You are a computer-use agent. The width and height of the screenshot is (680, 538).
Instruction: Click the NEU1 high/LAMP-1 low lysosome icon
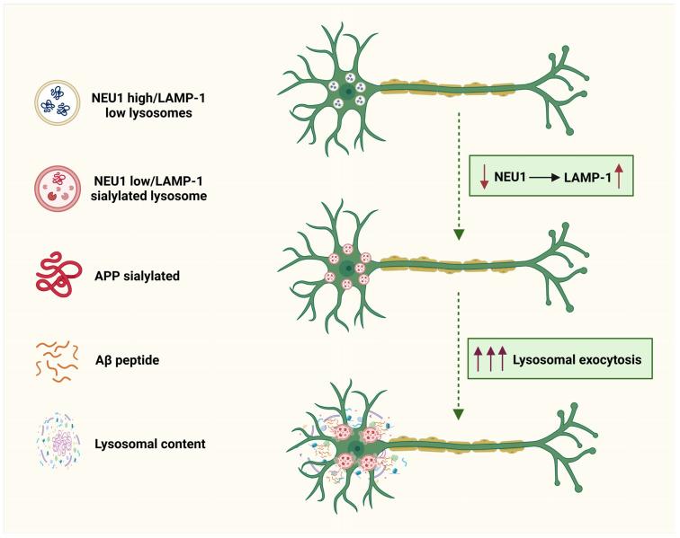coord(57,102)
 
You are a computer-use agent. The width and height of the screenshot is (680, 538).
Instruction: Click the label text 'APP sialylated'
coord(138,276)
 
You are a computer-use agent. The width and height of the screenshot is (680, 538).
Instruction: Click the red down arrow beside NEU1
coord(485,181)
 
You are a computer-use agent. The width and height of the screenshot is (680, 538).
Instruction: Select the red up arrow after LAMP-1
coord(619,180)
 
